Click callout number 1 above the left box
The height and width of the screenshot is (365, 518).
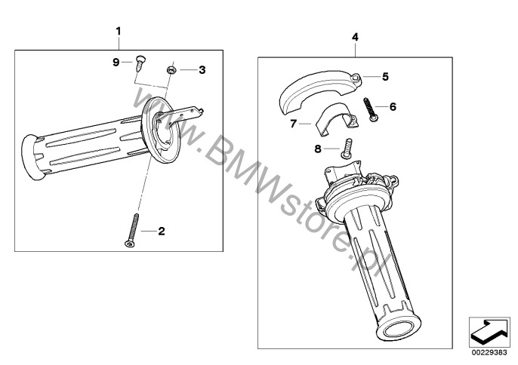(x=119, y=32)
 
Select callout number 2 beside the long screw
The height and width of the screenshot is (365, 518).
(x=162, y=232)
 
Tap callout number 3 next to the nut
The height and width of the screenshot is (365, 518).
(x=202, y=70)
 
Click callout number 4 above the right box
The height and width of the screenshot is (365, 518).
(x=355, y=37)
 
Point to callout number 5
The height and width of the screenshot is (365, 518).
(x=385, y=77)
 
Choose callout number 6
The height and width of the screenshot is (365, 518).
(x=393, y=106)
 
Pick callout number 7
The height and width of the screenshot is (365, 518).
(x=293, y=124)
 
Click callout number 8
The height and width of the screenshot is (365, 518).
(x=318, y=149)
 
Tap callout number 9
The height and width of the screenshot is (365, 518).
(x=116, y=62)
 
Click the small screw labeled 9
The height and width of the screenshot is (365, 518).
(x=140, y=63)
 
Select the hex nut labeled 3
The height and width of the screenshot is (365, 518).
(x=171, y=70)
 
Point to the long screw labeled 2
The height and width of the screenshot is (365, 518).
(x=132, y=231)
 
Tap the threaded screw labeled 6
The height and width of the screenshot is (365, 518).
(x=370, y=109)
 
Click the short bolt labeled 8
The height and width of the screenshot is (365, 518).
(x=347, y=149)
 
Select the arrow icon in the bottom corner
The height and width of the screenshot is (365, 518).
(x=489, y=333)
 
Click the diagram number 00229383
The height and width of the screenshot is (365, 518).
(x=489, y=353)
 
